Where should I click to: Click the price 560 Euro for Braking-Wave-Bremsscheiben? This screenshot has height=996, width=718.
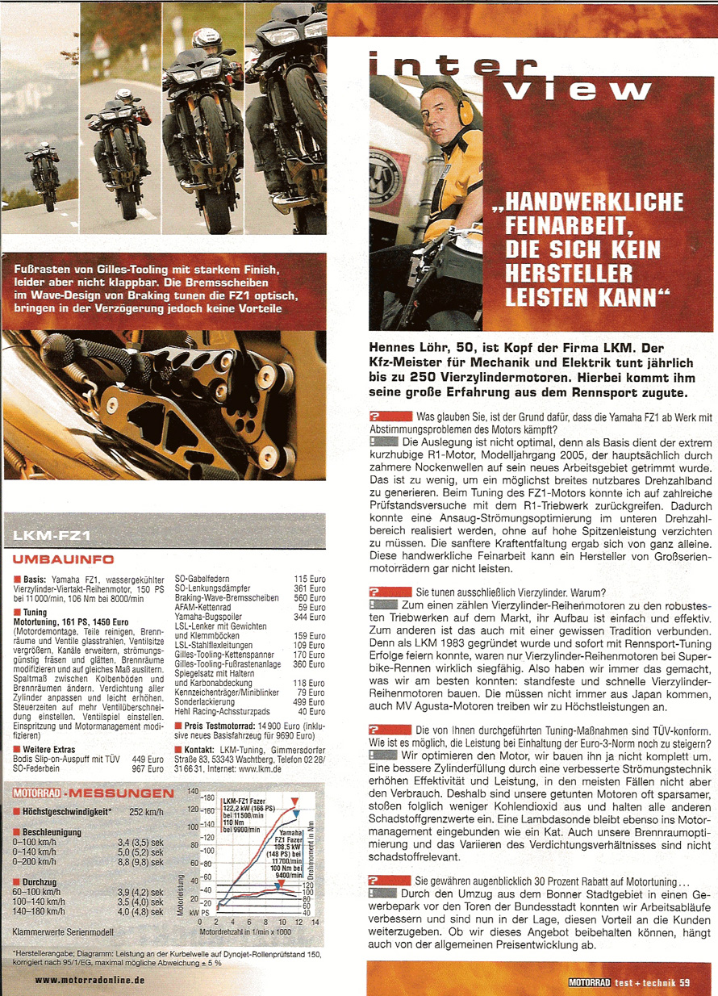310,598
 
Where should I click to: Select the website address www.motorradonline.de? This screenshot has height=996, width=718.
90,980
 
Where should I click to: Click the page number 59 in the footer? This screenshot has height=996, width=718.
684,982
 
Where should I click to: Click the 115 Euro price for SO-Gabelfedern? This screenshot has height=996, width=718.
310,579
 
